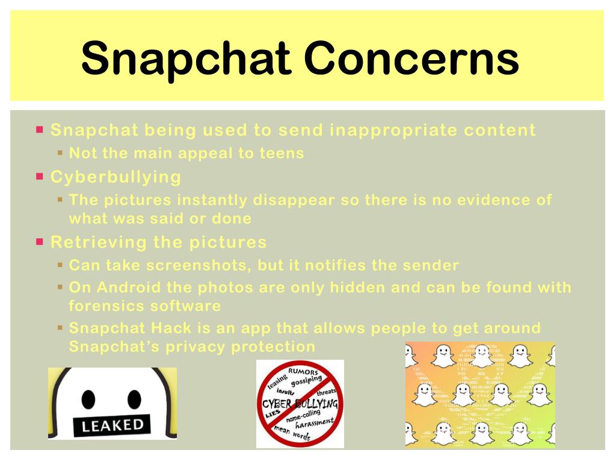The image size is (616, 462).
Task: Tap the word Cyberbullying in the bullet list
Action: (115, 177)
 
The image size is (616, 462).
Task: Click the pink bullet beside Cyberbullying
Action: (40, 177)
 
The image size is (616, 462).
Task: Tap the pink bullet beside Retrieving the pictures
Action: (40, 242)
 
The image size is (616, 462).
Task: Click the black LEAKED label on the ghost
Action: (112, 426)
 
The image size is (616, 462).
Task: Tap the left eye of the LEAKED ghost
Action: (89, 399)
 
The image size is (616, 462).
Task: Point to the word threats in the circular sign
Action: (327, 392)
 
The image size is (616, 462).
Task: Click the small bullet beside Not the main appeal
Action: (60, 153)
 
